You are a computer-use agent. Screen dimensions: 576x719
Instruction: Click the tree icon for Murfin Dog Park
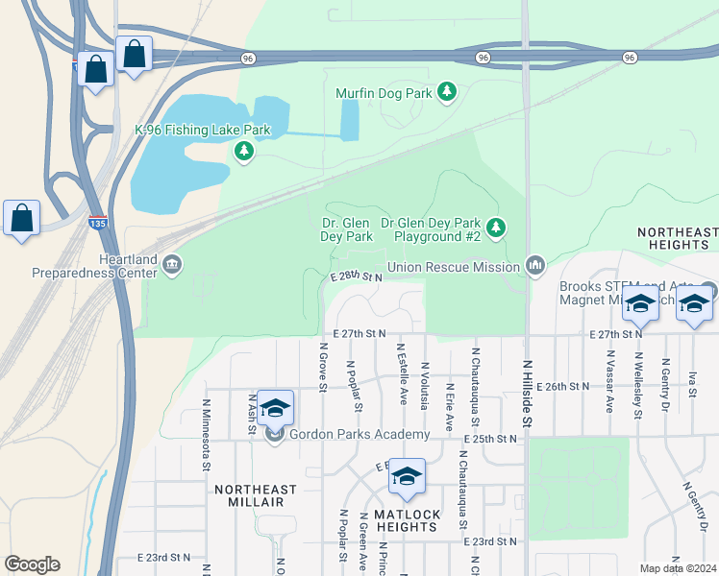tap(446, 92)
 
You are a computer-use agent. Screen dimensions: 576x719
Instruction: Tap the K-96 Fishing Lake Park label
tap(202, 130)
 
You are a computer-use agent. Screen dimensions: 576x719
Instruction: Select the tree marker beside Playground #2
tap(496, 228)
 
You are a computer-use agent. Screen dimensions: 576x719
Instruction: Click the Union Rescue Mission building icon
tap(535, 265)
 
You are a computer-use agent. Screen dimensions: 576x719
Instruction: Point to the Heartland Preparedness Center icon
tap(172, 264)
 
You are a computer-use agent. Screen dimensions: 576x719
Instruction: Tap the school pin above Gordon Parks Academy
tap(275, 409)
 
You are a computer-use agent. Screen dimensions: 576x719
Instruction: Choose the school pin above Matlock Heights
tap(407, 477)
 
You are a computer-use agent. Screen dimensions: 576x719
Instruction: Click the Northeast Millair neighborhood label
tap(256, 495)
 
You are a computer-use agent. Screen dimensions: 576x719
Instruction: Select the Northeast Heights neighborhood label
tap(678, 239)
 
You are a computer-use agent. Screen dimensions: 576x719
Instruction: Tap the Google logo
tap(32, 564)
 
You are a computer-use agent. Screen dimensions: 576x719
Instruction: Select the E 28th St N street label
tap(356, 276)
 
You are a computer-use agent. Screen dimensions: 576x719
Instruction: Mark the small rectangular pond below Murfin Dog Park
tap(350, 120)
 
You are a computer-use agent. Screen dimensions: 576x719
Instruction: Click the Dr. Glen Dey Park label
tap(347, 229)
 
